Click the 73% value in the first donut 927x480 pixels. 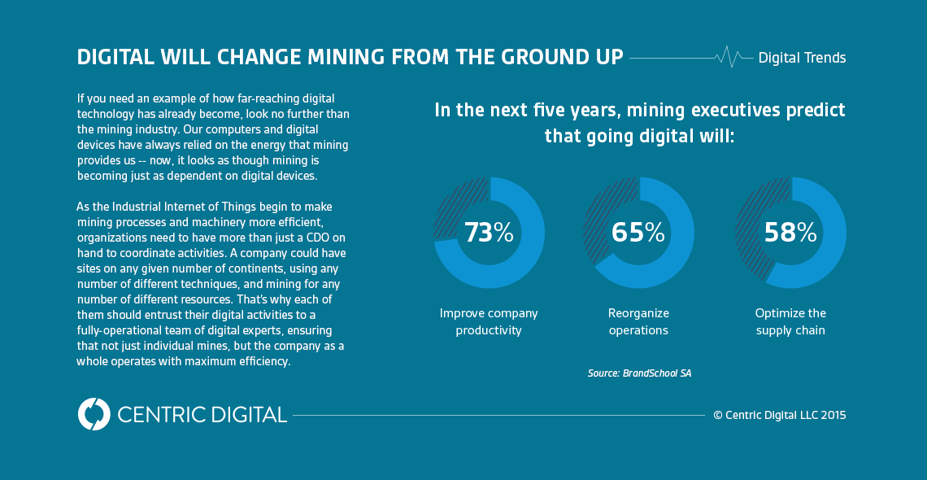(489, 233)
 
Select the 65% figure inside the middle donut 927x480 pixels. (638, 233)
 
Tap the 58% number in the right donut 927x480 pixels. (790, 233)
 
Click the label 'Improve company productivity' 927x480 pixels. (489, 321)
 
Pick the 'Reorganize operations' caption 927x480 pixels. (638, 321)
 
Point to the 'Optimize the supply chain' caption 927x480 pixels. (790, 321)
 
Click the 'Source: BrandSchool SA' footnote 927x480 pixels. (639, 373)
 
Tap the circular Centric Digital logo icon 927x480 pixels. (94, 414)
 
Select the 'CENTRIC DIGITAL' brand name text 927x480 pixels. (202, 414)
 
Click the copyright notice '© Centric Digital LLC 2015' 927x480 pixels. (779, 415)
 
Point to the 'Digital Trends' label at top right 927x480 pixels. (802, 58)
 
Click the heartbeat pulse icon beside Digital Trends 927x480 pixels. (729, 57)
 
